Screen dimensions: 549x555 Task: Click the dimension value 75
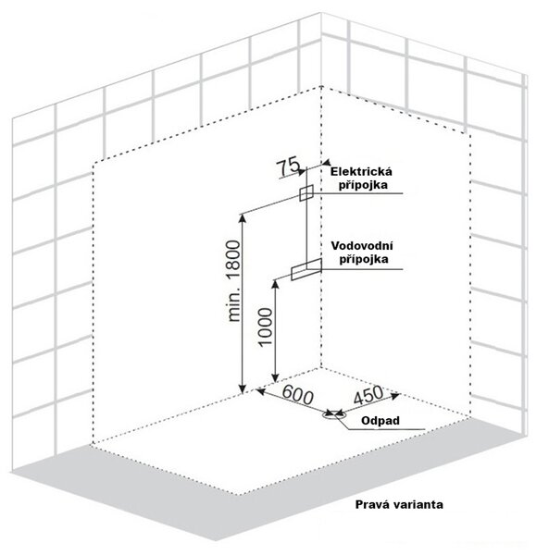288,166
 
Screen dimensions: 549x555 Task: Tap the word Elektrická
361,172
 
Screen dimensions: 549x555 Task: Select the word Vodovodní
362,246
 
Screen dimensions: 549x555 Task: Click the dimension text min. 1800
233,281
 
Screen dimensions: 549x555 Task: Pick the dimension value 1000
266,327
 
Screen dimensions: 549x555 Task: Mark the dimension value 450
368,395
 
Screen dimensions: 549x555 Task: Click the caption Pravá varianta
399,504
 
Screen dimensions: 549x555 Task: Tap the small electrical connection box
306,193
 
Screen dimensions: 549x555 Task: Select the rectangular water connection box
306,269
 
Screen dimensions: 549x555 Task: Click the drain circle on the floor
330,414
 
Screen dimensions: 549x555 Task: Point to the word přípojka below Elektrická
363,185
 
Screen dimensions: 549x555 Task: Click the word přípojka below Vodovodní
364,259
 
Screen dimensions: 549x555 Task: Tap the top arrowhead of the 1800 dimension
243,218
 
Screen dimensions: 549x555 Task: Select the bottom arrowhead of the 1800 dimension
243,388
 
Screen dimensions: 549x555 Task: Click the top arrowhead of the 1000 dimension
276,284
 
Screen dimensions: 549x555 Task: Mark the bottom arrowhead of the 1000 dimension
275,377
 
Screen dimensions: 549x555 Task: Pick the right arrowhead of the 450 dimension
395,395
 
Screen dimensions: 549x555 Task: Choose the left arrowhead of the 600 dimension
261,391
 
